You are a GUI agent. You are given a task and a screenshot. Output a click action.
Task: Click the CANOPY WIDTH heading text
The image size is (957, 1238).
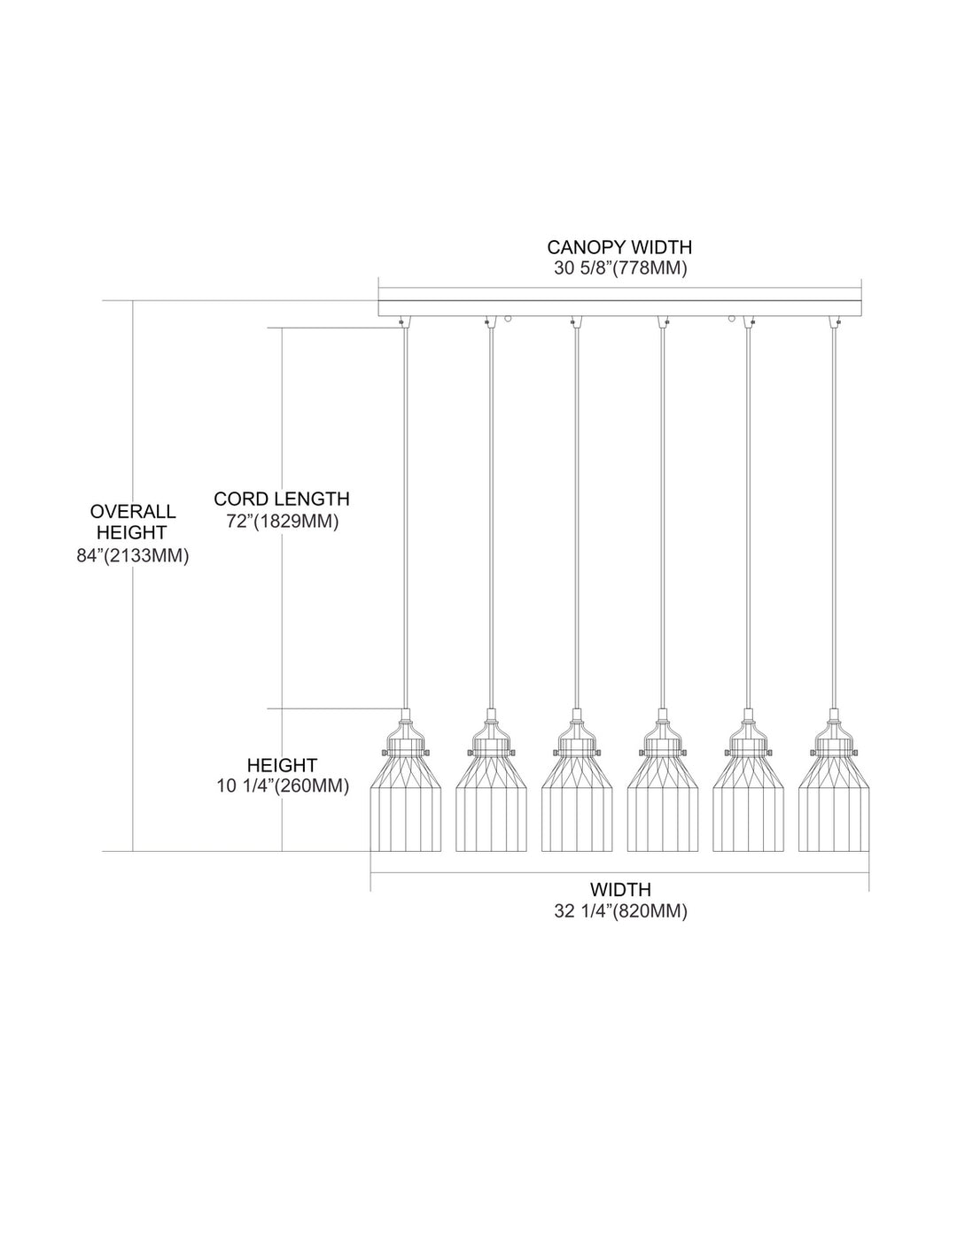[619, 247]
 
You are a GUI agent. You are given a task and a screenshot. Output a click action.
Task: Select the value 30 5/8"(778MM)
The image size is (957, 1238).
[620, 269]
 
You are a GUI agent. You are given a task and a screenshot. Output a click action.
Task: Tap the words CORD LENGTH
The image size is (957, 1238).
[282, 499]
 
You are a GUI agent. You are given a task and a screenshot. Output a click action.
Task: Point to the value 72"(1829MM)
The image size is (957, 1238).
[282, 522]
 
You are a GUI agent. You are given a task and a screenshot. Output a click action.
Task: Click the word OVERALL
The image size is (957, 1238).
[133, 511]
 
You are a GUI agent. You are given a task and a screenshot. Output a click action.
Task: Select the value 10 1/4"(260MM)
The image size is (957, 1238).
[283, 785]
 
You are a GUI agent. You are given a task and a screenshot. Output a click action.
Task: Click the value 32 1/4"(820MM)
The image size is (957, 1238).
[620, 910]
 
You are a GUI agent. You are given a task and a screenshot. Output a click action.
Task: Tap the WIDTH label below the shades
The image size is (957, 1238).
[620, 889]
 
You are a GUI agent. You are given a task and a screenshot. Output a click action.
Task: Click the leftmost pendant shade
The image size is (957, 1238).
[405, 801]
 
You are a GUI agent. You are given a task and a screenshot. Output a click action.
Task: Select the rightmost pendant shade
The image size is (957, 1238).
[833, 801]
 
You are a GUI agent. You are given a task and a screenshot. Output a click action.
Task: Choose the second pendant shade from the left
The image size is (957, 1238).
[491, 801]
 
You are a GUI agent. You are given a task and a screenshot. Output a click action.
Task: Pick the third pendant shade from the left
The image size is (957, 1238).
[576, 801]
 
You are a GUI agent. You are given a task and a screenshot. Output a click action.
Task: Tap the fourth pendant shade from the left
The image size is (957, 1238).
[661, 801]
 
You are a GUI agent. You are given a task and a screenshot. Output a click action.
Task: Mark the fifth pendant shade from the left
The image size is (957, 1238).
[747, 801]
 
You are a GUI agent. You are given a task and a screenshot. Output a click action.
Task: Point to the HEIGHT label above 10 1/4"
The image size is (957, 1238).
[283, 764]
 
